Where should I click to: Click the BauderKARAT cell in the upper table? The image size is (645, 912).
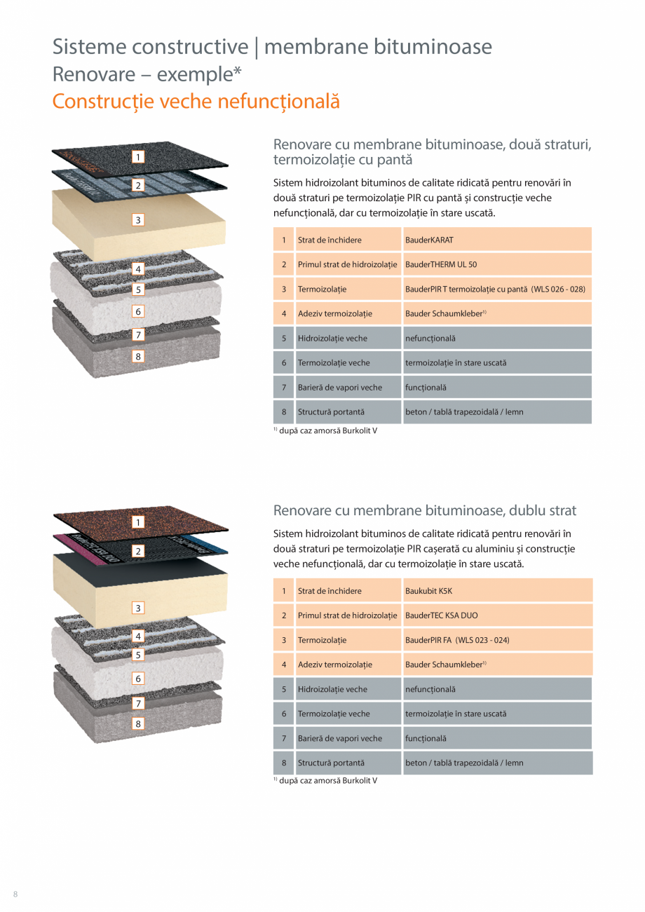click(496, 240)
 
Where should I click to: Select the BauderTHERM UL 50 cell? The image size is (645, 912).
click(496, 265)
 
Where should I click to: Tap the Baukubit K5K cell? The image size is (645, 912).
click(497, 591)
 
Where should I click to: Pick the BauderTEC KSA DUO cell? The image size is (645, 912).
click(497, 615)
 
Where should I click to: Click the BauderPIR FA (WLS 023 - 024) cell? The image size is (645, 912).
click(497, 640)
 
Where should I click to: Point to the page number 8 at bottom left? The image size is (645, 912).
click(15, 893)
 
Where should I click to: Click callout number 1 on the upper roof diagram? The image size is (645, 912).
click(139, 157)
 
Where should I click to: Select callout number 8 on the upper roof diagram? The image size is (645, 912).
click(138, 357)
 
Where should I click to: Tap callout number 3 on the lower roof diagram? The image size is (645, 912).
click(139, 608)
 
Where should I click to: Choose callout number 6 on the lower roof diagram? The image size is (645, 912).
click(139, 679)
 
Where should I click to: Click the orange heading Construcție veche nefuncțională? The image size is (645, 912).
click(196, 101)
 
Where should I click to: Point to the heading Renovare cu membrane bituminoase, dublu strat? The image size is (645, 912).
click(425, 510)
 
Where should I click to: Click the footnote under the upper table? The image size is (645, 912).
click(325, 430)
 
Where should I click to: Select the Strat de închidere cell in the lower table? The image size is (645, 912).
click(348, 591)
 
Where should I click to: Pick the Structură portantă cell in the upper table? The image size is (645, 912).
click(348, 412)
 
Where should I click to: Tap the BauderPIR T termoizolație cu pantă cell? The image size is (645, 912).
click(496, 289)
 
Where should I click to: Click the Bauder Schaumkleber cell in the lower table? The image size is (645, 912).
click(497, 665)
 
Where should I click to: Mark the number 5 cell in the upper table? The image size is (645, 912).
click(284, 339)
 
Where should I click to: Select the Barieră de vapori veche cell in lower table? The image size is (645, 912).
click(348, 738)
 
